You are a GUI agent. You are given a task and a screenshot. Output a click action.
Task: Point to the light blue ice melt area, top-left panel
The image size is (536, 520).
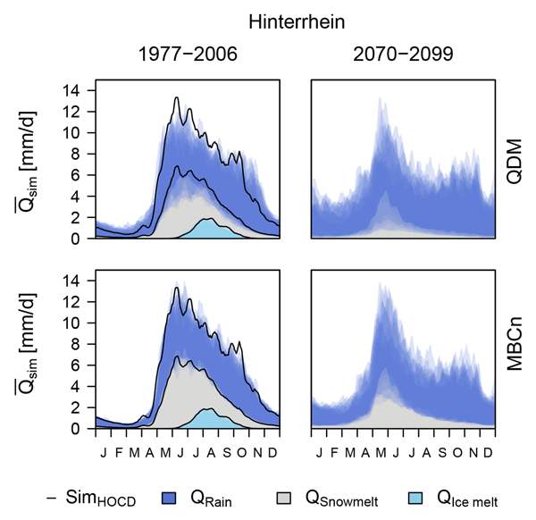[x=207, y=230]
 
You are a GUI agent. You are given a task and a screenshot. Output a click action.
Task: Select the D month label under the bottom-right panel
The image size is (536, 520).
[x=485, y=441]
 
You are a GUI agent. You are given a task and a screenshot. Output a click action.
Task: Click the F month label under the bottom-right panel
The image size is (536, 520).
[x=334, y=441]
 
